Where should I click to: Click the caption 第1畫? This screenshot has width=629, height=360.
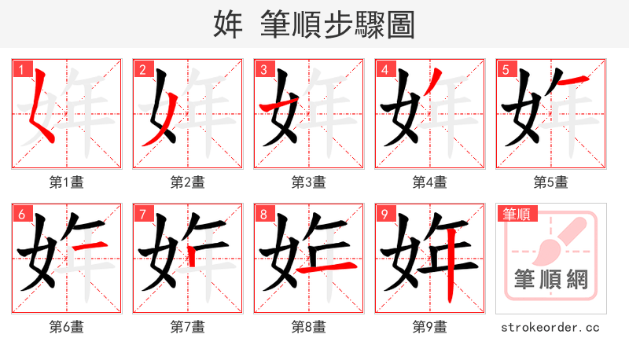(67, 182)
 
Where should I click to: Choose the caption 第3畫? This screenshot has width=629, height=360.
(308, 182)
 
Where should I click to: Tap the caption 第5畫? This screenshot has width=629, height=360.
(550, 182)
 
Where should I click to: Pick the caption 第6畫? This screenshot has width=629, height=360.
(67, 327)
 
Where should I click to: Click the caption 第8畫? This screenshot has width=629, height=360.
(308, 327)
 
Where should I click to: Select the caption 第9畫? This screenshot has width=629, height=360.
(429, 327)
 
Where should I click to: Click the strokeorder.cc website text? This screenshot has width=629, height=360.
(550, 327)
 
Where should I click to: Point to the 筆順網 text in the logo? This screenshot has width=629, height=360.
(550, 279)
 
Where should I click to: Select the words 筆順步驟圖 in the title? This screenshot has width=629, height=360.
(337, 24)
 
